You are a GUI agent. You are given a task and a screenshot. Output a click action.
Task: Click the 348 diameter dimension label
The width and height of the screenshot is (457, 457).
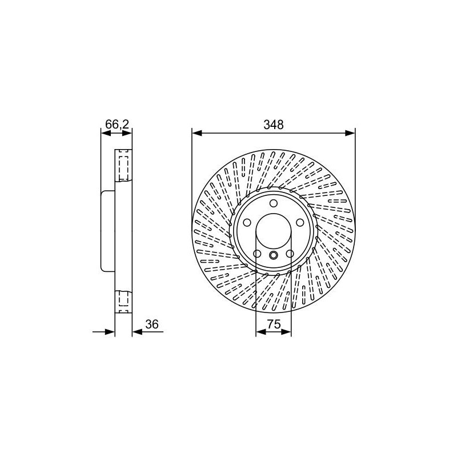click(x=274, y=125)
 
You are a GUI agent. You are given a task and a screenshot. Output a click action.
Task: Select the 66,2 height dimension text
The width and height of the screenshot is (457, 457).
click(x=117, y=125)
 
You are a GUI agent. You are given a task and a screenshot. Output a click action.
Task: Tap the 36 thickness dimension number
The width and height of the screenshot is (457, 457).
click(x=152, y=324)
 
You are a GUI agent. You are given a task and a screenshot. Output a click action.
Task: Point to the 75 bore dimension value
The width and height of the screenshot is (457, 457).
click(x=274, y=324)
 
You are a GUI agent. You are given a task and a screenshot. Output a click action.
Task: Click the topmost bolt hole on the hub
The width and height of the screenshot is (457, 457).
click(x=274, y=203)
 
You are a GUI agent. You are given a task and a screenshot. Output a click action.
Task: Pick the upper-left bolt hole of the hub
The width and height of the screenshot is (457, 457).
click(x=247, y=222)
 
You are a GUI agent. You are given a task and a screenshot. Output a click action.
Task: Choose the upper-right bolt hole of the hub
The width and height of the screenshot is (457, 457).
click(x=300, y=222)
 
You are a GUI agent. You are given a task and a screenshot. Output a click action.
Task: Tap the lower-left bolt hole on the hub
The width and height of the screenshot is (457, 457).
click(x=257, y=254)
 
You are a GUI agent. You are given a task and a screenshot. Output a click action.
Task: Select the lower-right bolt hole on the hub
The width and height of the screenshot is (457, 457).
click(x=290, y=254)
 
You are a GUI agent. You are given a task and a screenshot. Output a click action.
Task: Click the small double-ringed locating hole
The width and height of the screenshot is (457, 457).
click(x=274, y=255)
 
